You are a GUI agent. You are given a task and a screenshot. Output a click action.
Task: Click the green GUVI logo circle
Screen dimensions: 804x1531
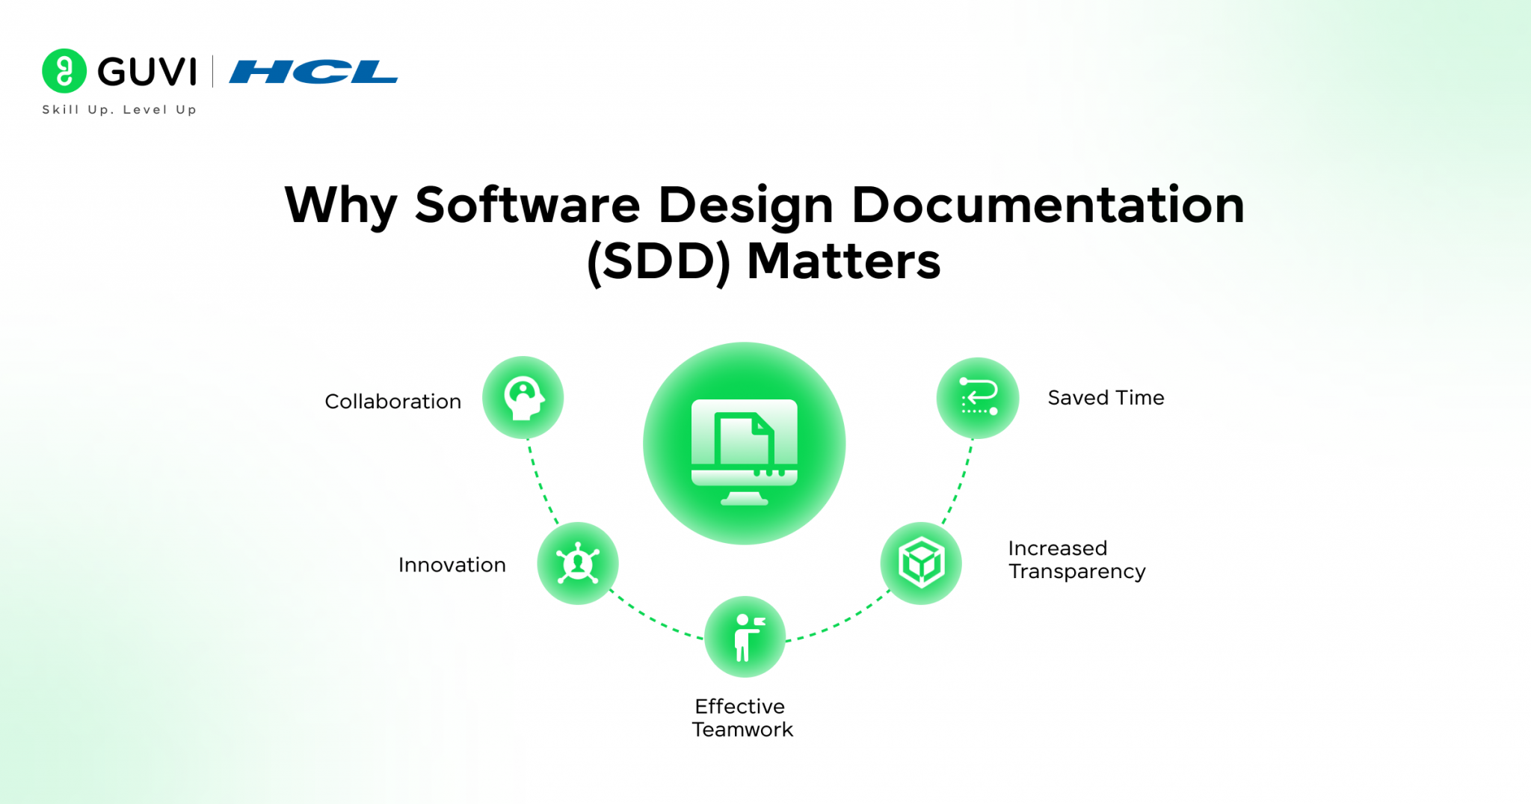click(x=64, y=71)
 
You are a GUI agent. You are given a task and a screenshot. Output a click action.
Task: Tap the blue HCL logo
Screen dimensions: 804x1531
click(x=313, y=72)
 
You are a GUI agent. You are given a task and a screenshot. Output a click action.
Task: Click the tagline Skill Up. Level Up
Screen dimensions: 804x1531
click(x=120, y=110)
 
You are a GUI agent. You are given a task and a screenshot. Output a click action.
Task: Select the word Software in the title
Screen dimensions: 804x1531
click(x=528, y=205)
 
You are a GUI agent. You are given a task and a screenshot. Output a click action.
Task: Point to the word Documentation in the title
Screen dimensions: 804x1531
click(x=1048, y=205)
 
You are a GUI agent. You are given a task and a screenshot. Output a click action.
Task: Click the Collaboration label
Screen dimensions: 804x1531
click(x=392, y=402)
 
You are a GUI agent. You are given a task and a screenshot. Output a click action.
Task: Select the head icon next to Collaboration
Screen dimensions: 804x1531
click(x=523, y=397)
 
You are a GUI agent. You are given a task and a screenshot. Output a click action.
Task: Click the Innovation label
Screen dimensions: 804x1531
click(x=452, y=565)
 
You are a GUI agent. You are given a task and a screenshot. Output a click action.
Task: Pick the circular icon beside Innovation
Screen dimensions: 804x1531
click(x=578, y=563)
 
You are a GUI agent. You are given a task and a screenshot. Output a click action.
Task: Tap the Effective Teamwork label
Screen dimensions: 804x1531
click(x=742, y=718)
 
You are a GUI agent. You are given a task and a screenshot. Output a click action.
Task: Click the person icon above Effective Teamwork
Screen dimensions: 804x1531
click(x=745, y=637)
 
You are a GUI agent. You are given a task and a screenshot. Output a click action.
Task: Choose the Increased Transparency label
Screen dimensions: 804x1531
click(x=1076, y=559)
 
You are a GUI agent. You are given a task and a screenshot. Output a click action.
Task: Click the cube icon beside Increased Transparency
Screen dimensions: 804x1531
click(x=921, y=562)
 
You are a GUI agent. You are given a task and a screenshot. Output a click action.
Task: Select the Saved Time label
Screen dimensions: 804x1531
click(x=1106, y=398)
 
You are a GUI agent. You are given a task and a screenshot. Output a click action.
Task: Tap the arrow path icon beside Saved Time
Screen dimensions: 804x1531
click(x=978, y=397)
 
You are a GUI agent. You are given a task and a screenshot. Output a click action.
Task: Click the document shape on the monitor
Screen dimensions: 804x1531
click(x=743, y=441)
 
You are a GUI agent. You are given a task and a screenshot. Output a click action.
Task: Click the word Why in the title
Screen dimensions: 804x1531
click(x=341, y=205)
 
